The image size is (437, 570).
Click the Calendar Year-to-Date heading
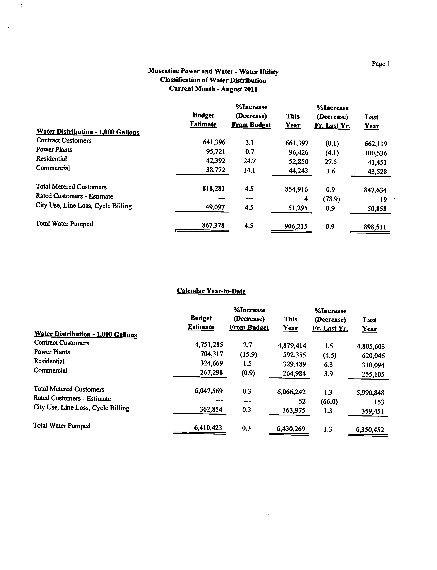[211, 291]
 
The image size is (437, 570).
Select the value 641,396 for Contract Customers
[214, 142]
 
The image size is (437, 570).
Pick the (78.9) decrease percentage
[331, 199]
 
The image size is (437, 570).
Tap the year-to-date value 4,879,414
[292, 346]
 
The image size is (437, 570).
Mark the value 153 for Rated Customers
[379, 402]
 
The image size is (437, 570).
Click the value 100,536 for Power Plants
[376, 153]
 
